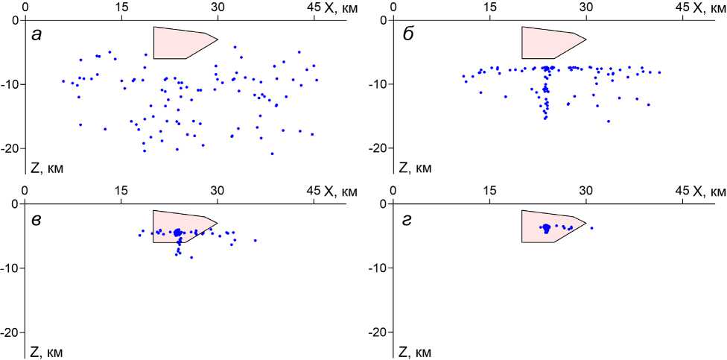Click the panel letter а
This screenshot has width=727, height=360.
coord(36,35)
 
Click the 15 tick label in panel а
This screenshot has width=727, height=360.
coord(121,7)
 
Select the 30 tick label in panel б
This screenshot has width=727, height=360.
coord(586,7)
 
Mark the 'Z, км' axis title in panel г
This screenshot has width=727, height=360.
coord(416,351)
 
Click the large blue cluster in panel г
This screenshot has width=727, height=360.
coord(546,227)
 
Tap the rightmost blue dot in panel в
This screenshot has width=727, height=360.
coord(255,240)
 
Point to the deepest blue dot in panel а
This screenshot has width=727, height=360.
coord(272,154)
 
